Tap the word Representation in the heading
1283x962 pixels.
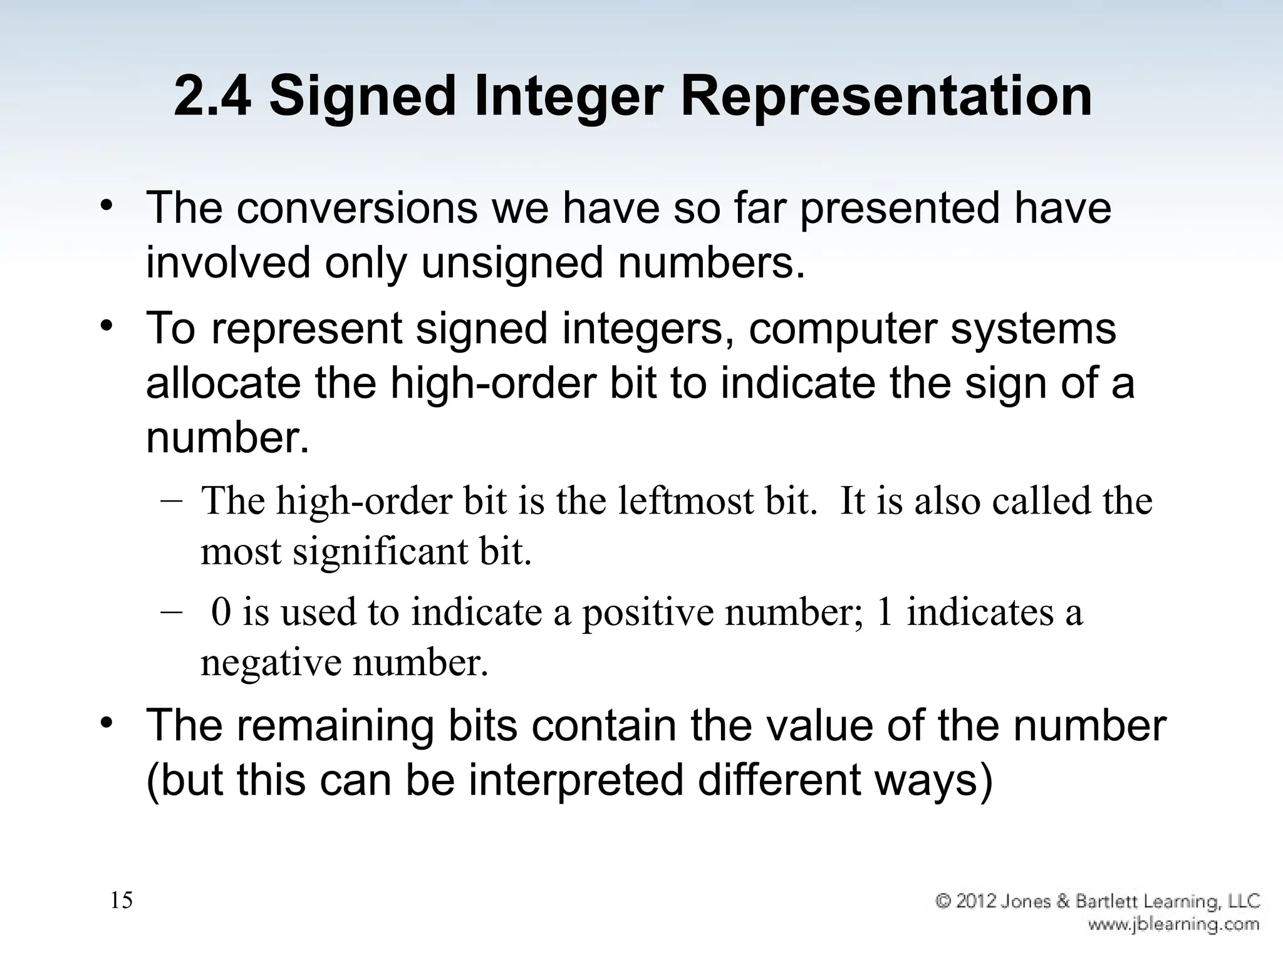[x=886, y=97]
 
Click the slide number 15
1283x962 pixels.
[x=122, y=901]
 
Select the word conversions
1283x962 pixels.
[x=356, y=208]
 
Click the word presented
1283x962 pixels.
[x=900, y=208]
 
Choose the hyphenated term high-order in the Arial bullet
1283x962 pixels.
[x=492, y=383]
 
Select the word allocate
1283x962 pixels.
[x=223, y=383]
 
